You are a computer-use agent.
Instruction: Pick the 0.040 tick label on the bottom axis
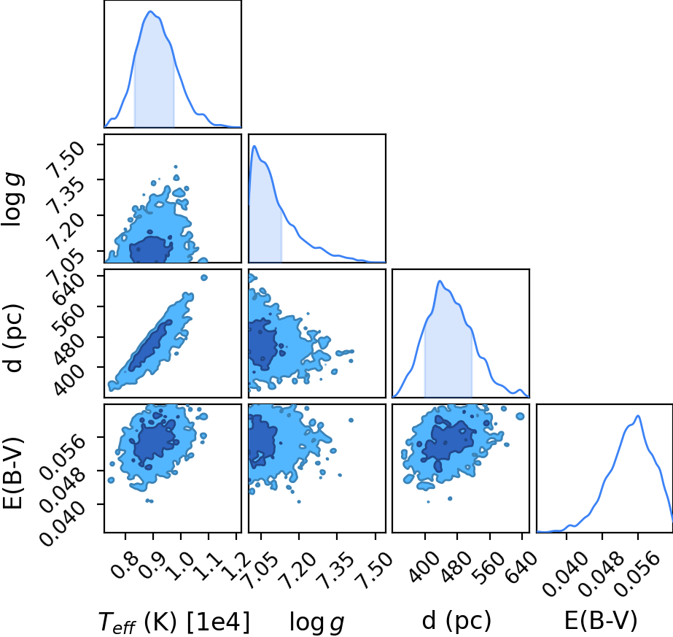565,574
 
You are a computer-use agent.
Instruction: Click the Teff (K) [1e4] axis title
174,622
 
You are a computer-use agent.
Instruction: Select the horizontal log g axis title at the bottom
317,622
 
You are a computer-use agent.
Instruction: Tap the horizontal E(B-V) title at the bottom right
601,620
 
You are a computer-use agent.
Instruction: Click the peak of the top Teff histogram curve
150,11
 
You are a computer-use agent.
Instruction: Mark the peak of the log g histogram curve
254,146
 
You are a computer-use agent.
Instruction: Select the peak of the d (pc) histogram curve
440,282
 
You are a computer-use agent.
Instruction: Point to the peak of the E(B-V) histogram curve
638,416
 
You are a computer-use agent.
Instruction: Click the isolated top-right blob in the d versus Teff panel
204,278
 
